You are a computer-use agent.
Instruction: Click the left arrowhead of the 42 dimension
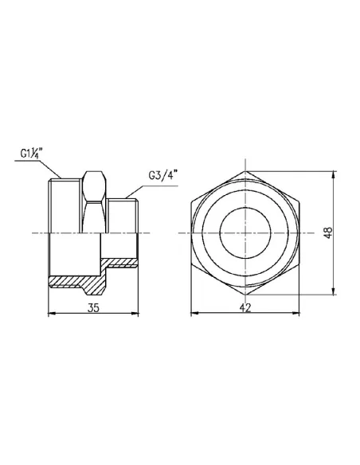[193, 314]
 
